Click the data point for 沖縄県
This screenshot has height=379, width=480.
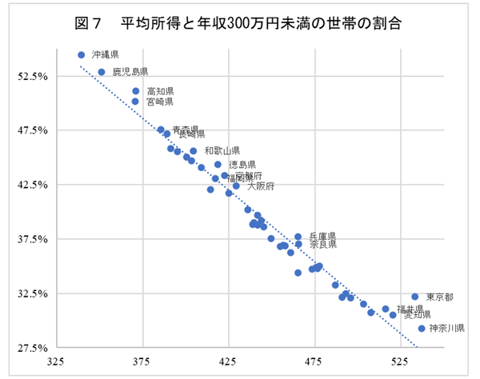(81, 54)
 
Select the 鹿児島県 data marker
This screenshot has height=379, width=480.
(102, 72)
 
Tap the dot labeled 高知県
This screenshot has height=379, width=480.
(136, 91)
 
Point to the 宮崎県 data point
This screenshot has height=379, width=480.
(135, 102)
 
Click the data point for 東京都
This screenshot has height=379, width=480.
(414, 297)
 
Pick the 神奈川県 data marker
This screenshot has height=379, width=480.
(422, 328)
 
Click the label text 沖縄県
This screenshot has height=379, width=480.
(105, 54)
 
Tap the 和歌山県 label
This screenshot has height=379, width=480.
(222, 150)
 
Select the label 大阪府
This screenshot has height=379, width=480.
(261, 186)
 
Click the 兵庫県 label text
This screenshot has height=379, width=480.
(322, 237)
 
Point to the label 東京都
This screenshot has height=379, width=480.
(439, 297)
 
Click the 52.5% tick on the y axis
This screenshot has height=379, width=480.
(34, 76)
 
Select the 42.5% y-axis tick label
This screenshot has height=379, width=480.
(34, 185)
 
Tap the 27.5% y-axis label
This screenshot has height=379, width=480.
(34, 349)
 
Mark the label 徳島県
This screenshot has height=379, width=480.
(242, 165)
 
